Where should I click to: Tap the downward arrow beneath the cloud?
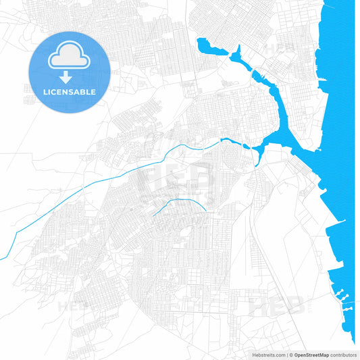point(70,77)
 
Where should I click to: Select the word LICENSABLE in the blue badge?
point(70,92)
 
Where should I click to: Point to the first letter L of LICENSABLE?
point(46,92)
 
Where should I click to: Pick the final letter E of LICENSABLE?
point(93,92)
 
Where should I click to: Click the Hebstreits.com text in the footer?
point(267,355)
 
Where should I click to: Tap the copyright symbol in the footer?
point(291,355)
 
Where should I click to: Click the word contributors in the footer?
point(343,355)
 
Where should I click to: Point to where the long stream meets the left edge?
point(1,259)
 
